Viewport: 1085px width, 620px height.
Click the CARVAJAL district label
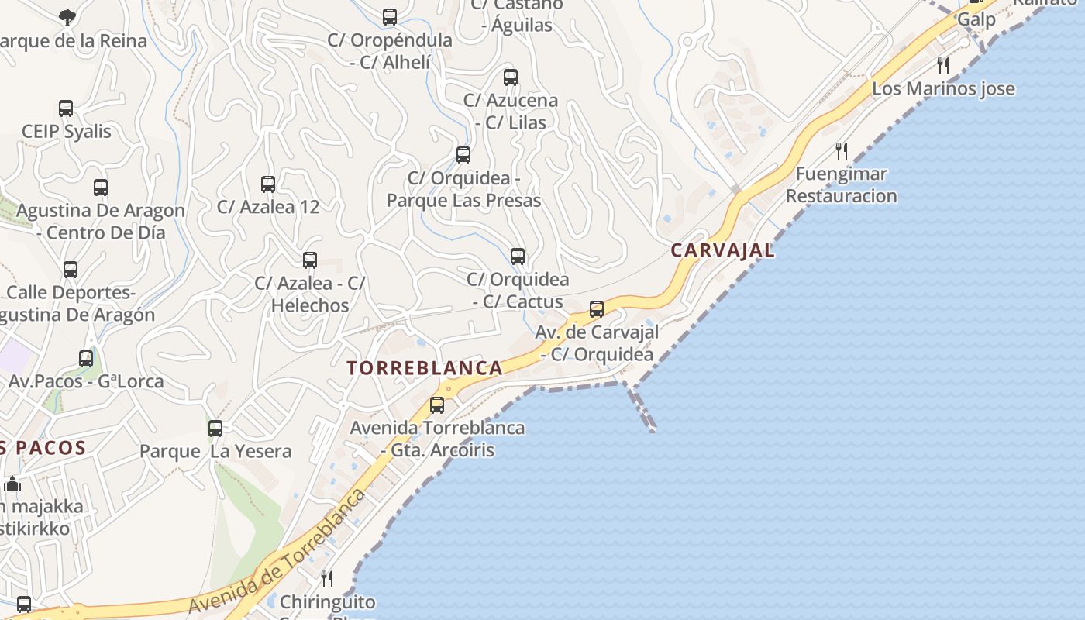pos(722,250)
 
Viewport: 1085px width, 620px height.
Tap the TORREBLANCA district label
pos(425,368)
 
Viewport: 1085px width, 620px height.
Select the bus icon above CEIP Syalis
pos(66,108)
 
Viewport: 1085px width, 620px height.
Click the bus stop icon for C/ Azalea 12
pos(268,184)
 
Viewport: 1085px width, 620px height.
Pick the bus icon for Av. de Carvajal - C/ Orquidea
pos(597,309)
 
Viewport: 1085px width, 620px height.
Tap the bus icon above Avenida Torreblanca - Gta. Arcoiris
pos(437,405)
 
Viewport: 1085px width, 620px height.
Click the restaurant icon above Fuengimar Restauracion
pos(842,150)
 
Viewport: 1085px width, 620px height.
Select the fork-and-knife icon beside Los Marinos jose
pos(943,65)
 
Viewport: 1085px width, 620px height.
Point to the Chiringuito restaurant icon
pos(327,578)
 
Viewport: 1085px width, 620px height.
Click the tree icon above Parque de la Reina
pos(67,16)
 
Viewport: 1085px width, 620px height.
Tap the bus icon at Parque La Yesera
pos(215,428)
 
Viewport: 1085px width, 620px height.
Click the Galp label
pos(976,19)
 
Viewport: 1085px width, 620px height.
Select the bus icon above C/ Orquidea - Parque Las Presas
pos(463,155)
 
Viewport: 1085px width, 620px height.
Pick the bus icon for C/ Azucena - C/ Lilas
pos(511,77)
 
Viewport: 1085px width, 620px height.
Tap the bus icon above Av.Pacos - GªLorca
pos(86,359)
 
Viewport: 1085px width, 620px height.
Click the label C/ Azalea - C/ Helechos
pos(310,294)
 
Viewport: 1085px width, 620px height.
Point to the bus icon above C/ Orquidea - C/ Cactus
pos(518,257)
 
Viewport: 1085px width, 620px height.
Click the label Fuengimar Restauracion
pos(842,184)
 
